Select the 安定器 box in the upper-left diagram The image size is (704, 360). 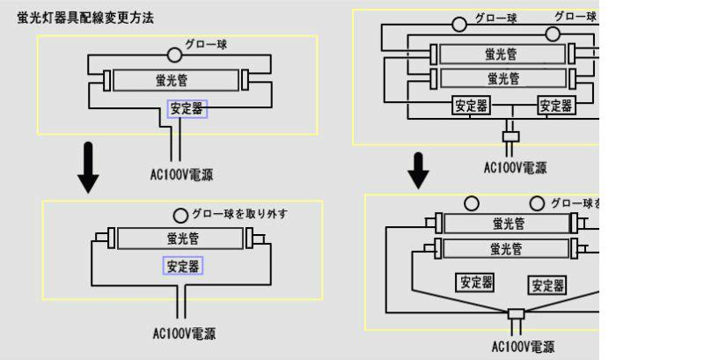[187, 110]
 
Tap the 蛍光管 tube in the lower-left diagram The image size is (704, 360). [181, 238]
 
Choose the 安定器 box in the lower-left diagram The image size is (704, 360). [181, 266]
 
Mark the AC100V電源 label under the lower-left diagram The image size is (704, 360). [183, 334]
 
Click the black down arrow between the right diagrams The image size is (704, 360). [419, 171]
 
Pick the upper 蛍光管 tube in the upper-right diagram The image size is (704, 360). [502, 54]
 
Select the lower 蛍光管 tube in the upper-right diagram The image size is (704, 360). [502, 77]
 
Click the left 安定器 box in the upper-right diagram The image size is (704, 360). [470, 107]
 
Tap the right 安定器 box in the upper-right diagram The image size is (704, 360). [556, 107]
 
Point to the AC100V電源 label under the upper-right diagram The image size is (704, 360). [516, 167]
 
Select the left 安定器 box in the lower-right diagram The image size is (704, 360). [474, 283]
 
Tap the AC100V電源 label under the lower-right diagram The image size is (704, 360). [524, 347]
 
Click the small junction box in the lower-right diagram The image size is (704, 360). [516, 314]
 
